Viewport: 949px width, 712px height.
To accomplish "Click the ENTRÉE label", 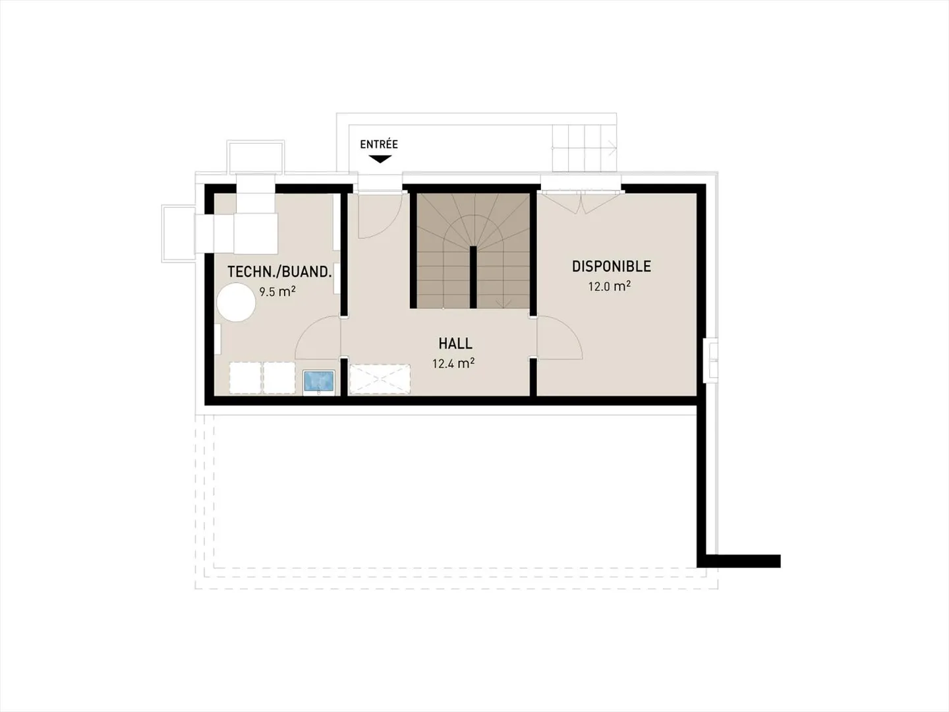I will [x=379, y=144].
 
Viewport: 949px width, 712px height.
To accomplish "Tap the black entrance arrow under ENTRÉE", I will [x=380, y=159].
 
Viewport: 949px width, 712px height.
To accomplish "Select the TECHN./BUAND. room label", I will [x=279, y=272].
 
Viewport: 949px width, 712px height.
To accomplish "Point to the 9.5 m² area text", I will [x=277, y=291].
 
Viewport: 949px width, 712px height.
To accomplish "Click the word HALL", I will [x=455, y=343].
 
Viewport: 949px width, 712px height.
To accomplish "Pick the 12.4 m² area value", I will [x=453, y=363].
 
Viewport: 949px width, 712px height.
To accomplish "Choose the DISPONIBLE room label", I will [x=611, y=266].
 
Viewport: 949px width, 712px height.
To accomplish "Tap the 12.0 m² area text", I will [x=610, y=286].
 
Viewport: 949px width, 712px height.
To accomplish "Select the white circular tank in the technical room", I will [x=236, y=302].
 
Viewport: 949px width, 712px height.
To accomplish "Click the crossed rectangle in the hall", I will [x=380, y=379].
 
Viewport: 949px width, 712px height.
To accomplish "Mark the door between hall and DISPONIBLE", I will [x=559, y=338].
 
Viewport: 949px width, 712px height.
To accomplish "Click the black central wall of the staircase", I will [x=473, y=277].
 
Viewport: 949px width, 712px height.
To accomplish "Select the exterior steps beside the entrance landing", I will [x=584, y=146].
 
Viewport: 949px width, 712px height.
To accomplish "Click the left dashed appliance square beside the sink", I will [x=245, y=378].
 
